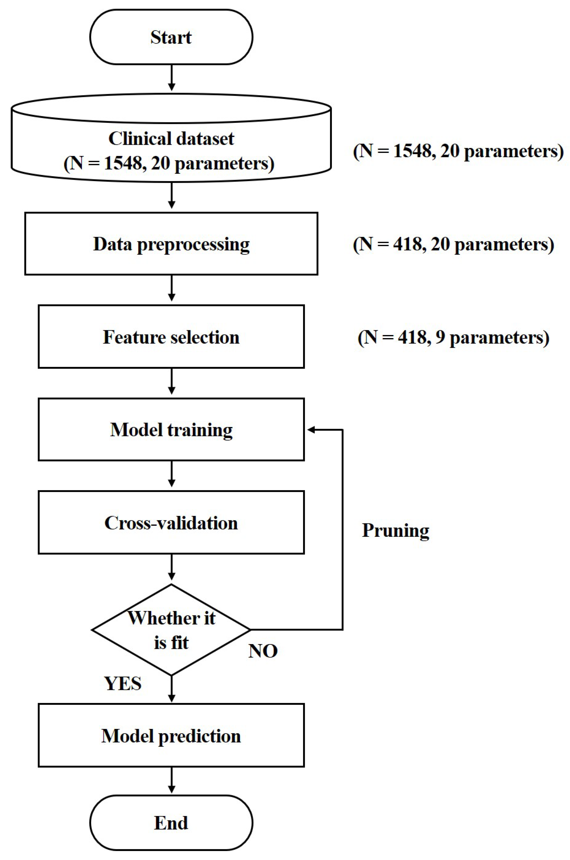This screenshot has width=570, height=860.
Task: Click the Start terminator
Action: [171, 37]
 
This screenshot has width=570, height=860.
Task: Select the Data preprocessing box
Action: [171, 244]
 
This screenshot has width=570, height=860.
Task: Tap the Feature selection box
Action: [171, 337]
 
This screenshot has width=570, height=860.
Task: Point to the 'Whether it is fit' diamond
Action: [171, 630]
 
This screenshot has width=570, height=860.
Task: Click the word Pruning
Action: [396, 530]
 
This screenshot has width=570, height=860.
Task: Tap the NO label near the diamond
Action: [263, 651]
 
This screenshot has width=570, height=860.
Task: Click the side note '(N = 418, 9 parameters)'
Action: [453, 337]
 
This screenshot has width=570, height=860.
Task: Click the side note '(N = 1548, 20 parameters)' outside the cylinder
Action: [458, 151]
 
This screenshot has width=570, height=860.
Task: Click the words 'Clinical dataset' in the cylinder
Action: [171, 139]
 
